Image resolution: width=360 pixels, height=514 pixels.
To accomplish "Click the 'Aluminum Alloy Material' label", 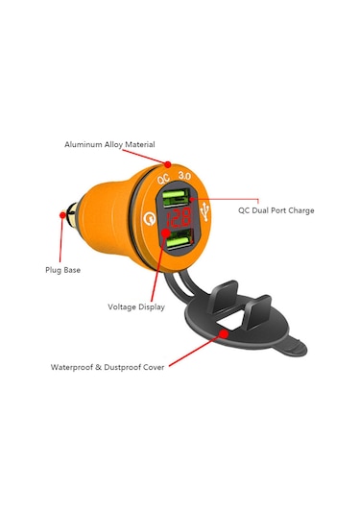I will tap(109, 144).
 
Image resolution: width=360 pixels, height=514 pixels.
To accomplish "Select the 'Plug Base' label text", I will tap(63, 270).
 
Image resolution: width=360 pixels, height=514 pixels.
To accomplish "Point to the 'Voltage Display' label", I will tap(136, 307).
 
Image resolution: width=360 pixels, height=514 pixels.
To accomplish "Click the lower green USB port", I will tap(178, 247).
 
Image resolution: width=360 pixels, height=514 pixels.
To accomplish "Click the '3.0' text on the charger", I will tap(185, 177).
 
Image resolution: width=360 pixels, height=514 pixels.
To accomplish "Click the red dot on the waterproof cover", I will tap(223, 334).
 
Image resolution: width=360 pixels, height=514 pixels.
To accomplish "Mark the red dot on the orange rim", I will tap(168, 164).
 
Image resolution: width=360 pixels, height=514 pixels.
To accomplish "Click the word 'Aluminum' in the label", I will tap(83, 144).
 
